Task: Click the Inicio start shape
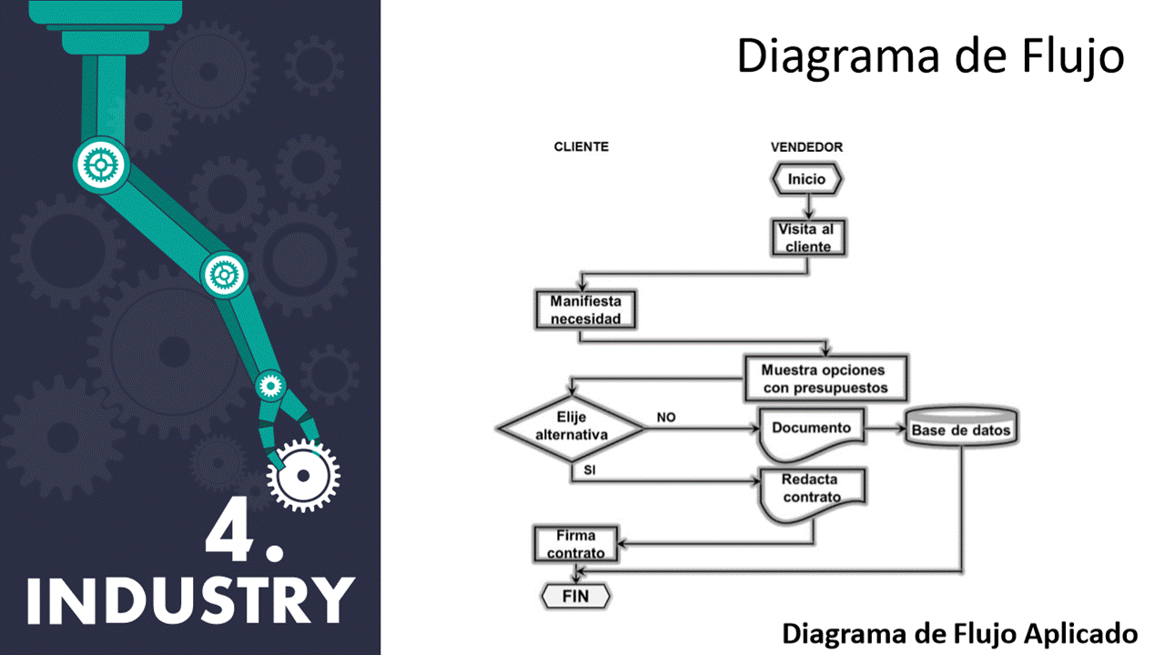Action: click(806, 179)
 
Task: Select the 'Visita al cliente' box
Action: click(806, 238)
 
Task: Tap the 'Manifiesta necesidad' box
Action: click(584, 310)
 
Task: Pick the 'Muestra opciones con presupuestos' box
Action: click(826, 379)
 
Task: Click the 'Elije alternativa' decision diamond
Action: click(571, 427)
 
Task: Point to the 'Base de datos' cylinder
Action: click(961, 428)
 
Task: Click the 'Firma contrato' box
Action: click(575, 544)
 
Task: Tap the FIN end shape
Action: click(575, 597)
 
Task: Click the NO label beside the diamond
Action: click(666, 418)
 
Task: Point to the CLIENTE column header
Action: click(582, 146)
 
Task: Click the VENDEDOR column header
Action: click(806, 146)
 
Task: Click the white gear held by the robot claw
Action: click(304, 474)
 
